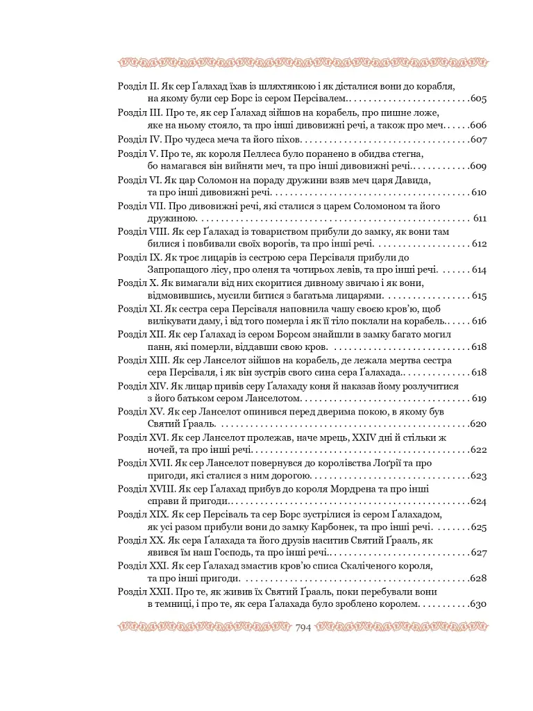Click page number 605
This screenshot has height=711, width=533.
(x=478, y=99)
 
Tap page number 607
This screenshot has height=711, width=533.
(x=478, y=139)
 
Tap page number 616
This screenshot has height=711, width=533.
(x=478, y=321)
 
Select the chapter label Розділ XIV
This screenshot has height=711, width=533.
(x=141, y=386)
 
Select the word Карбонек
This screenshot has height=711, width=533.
(x=341, y=528)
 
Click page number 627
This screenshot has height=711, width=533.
(x=478, y=553)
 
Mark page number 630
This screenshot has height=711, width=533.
(x=478, y=605)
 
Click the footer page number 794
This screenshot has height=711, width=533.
(x=303, y=628)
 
